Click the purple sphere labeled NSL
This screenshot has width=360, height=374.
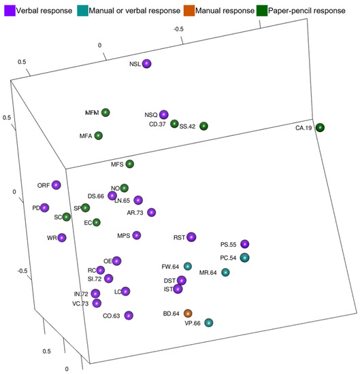point(146,64)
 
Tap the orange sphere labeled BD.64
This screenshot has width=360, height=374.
point(189,313)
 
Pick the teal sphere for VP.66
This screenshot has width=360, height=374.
point(209,323)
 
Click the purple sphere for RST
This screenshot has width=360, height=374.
point(192,237)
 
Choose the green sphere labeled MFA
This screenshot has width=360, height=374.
point(99,136)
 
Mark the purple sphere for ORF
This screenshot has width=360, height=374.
point(56,185)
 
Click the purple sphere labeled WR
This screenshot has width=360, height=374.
point(62,237)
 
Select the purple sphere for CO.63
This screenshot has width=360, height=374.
point(129,315)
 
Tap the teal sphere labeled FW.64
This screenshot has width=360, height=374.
point(188,266)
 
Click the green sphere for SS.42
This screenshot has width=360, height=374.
point(203,126)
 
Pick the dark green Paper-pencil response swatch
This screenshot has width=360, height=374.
point(281,10)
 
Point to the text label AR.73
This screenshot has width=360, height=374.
point(136,213)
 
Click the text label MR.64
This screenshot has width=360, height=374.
point(208,273)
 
